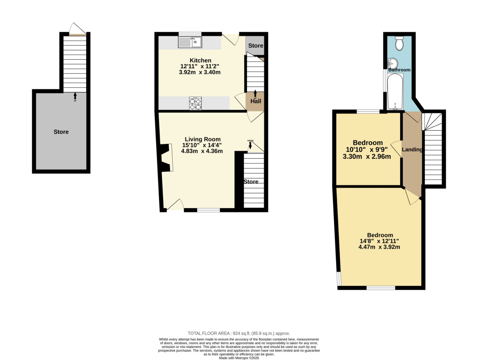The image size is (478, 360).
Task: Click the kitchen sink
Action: pos(190,42)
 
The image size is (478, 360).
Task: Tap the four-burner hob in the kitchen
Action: pos(195,103)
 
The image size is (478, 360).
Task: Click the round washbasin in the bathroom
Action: pos(393,63)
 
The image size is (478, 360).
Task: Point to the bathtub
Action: pos(395,91)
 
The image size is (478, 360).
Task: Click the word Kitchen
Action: pos(200,60)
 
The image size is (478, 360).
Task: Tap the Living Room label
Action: pos(203,139)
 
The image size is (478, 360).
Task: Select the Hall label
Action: pos(256,101)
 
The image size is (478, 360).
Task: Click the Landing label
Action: pos(412,150)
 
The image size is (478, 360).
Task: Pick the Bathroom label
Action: pos(399,70)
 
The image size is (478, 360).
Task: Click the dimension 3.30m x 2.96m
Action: pos(367,157)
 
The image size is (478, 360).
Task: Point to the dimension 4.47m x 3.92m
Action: pos(379,247)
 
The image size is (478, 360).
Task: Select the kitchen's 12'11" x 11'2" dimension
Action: pos(200,66)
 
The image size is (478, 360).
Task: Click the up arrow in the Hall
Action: pos(255,94)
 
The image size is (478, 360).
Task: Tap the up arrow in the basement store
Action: pos(75,96)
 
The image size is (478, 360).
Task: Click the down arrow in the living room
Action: pos(250,145)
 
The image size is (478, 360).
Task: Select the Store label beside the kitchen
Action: pos(256,46)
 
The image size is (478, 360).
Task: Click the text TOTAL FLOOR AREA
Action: pos(209,333)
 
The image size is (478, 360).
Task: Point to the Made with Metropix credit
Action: pos(239,358)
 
